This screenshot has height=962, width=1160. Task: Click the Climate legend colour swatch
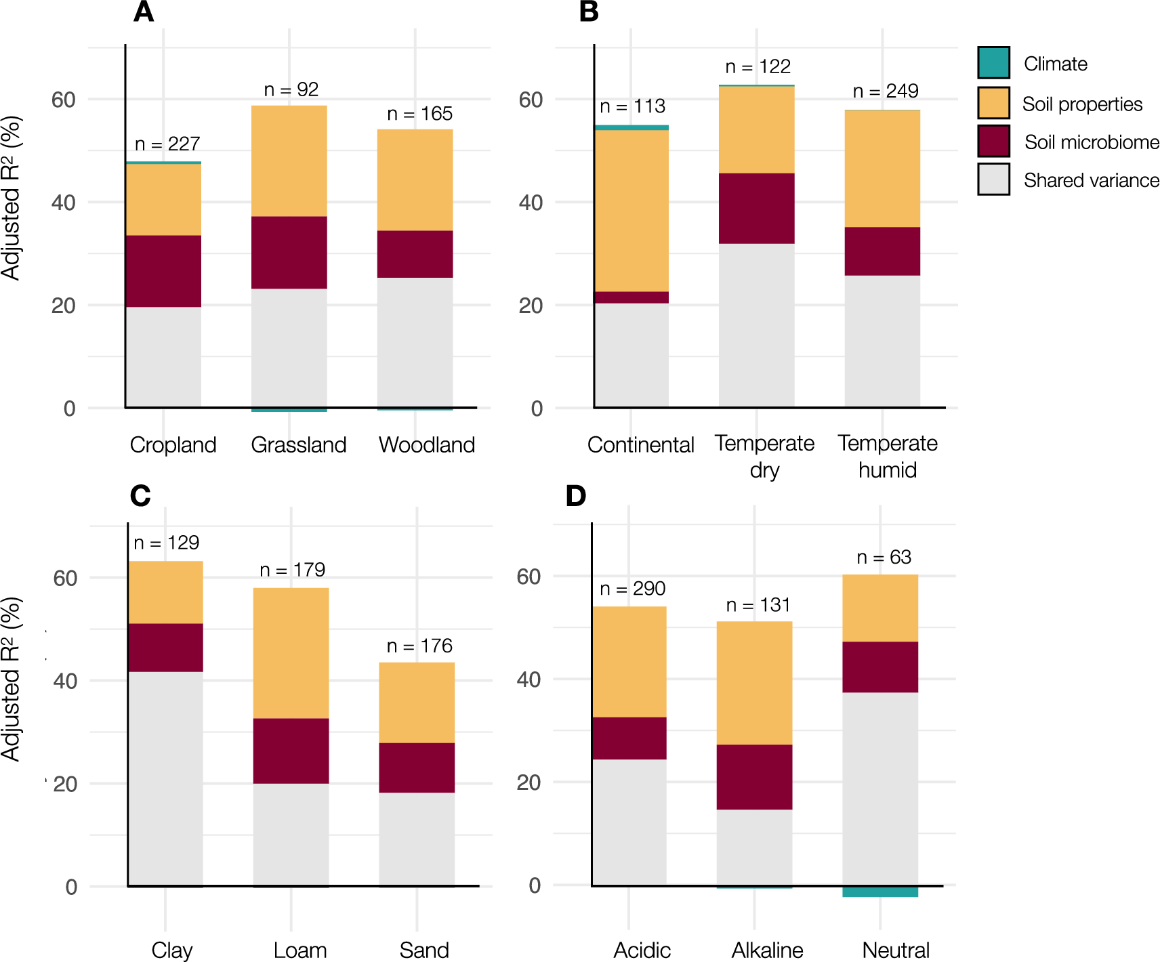(993, 63)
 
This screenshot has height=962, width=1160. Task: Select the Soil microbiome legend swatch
(993, 142)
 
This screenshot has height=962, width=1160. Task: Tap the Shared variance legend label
(1091, 180)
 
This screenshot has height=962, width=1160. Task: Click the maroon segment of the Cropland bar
(163, 271)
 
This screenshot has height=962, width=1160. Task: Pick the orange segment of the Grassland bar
(289, 161)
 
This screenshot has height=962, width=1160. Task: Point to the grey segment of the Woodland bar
(415, 342)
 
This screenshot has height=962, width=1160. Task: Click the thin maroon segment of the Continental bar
(631, 297)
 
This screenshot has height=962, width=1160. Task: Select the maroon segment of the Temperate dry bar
(756, 209)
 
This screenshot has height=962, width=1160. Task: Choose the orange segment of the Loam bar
(291, 653)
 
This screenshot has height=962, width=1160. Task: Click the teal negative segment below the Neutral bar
(879, 892)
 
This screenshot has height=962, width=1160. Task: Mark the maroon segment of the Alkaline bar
(754, 777)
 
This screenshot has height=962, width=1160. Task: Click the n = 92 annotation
(291, 89)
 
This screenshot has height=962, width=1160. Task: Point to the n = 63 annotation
(884, 558)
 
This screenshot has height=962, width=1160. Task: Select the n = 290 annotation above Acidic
(632, 589)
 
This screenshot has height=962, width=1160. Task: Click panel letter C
(140, 496)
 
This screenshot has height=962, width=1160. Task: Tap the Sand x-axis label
(423, 950)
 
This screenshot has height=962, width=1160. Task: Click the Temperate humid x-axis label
(887, 456)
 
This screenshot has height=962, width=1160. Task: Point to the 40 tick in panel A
(64, 203)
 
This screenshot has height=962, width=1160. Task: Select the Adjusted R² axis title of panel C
(12, 679)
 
